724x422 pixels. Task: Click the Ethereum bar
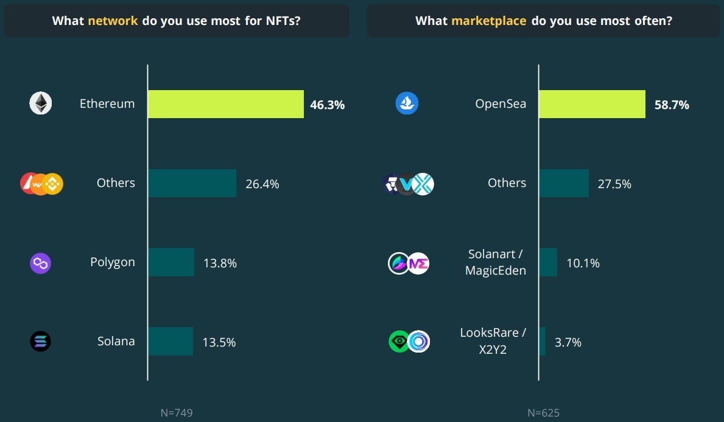point(226,104)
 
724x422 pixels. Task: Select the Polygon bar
point(171,262)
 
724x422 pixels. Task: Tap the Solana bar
point(170,341)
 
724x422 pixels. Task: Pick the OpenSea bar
point(592,104)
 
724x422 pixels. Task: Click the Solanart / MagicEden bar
point(548,262)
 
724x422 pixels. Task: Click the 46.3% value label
point(327,105)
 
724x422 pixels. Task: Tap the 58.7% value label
point(672,105)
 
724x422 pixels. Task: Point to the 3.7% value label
point(568,342)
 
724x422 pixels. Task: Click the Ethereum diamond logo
point(41,104)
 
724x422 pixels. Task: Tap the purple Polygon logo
point(41,263)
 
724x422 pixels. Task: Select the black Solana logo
point(41,341)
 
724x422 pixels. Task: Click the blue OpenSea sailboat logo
point(407,104)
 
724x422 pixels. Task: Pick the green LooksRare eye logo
point(399,342)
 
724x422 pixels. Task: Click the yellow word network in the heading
point(113,21)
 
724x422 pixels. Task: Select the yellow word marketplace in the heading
point(488,21)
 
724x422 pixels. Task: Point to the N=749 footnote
point(177,413)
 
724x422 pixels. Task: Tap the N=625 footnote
point(543,413)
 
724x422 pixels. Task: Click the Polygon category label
point(113,262)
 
